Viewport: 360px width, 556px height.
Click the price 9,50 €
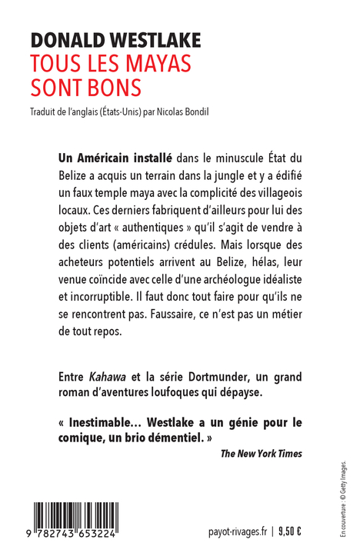(x=289, y=531)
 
